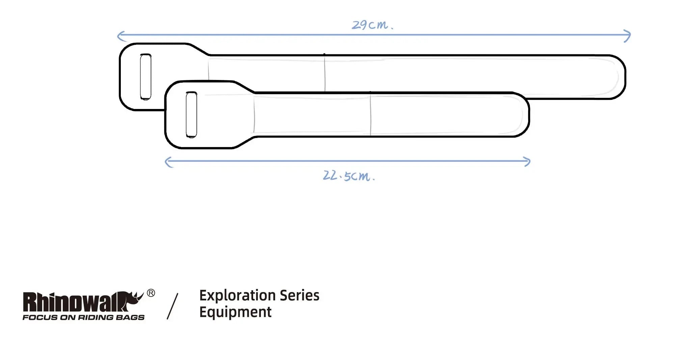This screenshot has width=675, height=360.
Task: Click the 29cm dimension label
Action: tap(372, 25)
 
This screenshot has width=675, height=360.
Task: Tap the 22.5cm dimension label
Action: tap(348, 176)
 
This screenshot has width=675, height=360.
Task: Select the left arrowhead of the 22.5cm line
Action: tap(167, 162)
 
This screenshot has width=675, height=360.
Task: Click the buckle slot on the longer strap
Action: tap(145, 77)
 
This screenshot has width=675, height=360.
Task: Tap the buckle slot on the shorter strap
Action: tap(191, 115)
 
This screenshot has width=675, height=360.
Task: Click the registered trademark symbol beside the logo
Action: tap(151, 293)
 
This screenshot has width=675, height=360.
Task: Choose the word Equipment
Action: tap(235, 312)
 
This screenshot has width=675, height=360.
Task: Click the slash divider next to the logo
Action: tap(172, 306)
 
